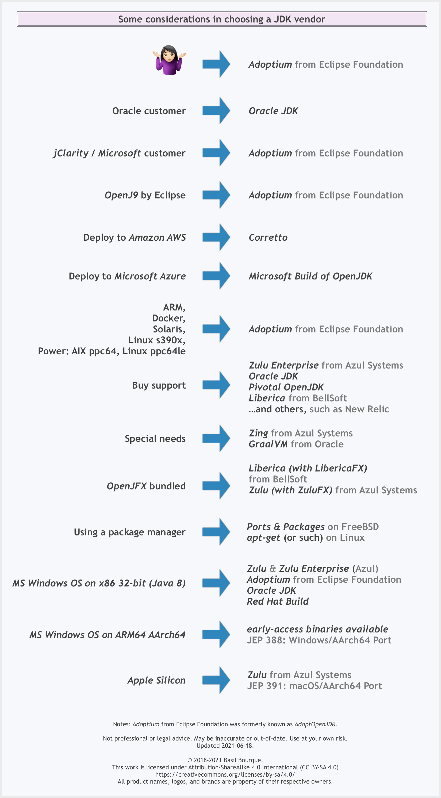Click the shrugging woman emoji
169,60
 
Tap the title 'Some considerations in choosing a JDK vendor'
222,19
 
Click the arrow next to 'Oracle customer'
216,111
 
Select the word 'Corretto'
268,237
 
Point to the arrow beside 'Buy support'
216,385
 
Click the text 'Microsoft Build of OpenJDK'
310,276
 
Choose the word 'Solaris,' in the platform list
169,329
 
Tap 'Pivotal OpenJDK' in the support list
286,387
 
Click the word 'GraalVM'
268,444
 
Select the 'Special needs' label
155,438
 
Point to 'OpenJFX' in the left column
126,486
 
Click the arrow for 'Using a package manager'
216,532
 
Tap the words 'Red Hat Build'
278,601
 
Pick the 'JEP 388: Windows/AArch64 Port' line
319,640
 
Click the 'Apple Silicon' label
156,680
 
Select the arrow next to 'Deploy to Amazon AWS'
216,237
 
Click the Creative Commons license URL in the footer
225,774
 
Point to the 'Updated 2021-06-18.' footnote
225,746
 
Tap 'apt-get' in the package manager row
263,538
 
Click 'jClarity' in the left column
71,153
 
